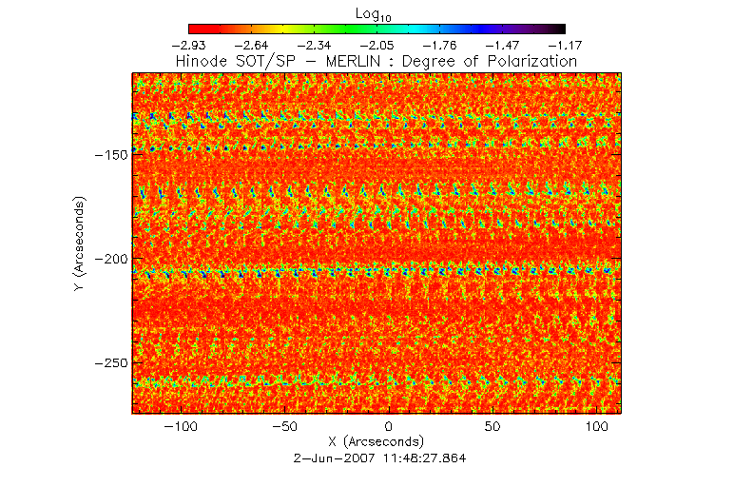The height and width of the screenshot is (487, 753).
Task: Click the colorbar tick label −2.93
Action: pyautogui.click(x=189, y=45)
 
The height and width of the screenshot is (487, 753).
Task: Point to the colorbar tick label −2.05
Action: pyautogui.click(x=377, y=45)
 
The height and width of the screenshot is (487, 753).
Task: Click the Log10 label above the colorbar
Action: pyautogui.click(x=376, y=13)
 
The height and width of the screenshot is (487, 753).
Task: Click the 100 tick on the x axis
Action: pyautogui.click(x=596, y=425)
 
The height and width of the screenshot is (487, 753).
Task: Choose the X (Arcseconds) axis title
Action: pyautogui.click(x=376, y=442)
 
